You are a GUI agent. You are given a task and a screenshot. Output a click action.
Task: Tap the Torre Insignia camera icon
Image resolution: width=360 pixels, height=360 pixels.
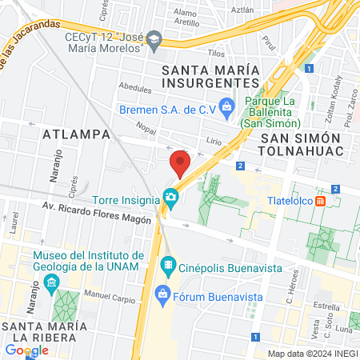click(170, 196)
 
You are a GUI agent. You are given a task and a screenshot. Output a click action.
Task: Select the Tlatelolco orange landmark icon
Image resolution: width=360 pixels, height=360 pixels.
click(320, 201)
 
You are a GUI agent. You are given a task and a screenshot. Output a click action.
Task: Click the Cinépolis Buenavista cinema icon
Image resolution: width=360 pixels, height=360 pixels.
click(168, 264)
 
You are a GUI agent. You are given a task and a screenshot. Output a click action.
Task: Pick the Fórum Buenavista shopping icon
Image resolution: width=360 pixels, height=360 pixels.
click(163, 294)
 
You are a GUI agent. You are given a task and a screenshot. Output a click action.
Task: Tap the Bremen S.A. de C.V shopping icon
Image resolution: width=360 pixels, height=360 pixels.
click(226, 105)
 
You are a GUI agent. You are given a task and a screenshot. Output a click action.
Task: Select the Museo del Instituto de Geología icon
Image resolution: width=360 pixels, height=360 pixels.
click(52, 282)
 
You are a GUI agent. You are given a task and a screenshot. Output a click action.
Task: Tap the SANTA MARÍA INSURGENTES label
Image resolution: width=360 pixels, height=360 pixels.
click(211, 76)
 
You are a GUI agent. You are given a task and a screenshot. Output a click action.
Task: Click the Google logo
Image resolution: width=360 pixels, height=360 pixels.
click(26, 350)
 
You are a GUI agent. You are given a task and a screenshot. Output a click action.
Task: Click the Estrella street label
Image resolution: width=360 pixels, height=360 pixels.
click(327, 306)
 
